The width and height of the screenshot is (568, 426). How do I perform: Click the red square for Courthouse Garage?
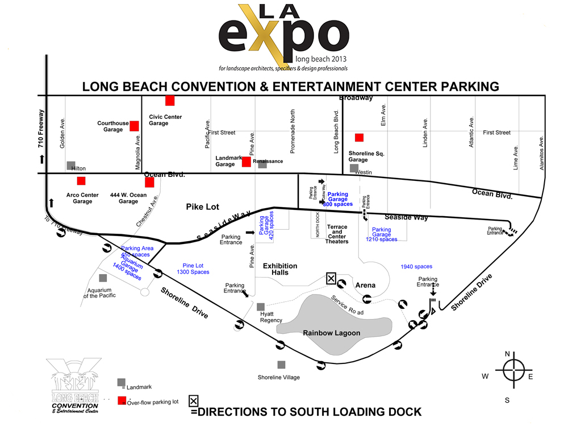[x=134, y=126]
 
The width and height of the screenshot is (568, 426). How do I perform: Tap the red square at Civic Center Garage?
[x=169, y=101]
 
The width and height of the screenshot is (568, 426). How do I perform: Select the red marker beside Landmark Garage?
[x=246, y=162]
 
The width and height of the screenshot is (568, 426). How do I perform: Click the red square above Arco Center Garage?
[x=81, y=181]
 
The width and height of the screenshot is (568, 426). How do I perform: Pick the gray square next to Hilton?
[x=71, y=166]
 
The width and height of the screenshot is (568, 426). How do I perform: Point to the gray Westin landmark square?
[x=354, y=168]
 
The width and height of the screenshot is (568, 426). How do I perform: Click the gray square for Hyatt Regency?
[x=261, y=307]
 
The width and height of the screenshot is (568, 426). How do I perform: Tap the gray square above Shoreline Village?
[x=281, y=365]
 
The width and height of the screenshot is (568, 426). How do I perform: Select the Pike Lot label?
[x=203, y=207]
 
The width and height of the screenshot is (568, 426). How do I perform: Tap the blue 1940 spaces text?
[x=416, y=267]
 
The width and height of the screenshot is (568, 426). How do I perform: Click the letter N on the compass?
[x=507, y=354]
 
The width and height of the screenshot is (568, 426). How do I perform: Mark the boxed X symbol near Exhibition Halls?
[x=331, y=278]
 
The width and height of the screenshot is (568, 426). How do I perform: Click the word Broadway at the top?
[x=356, y=98]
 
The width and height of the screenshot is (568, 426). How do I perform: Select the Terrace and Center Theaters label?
[x=337, y=234]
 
